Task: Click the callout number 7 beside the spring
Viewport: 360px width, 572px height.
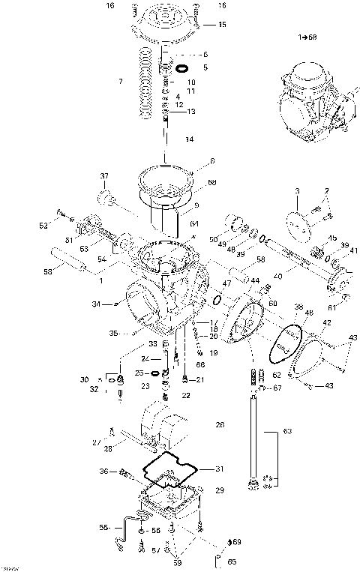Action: click(120, 79)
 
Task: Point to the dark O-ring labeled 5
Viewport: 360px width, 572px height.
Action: click(180, 68)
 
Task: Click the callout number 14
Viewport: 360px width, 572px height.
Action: click(189, 139)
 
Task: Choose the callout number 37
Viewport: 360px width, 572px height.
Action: click(105, 177)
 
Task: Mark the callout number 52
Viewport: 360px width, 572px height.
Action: click(43, 225)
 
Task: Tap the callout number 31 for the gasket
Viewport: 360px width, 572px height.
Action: click(219, 469)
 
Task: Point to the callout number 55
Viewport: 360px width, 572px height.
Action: click(103, 528)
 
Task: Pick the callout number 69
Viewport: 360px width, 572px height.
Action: click(236, 541)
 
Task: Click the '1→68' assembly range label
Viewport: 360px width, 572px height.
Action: click(307, 36)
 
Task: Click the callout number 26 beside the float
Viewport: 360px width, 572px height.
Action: click(220, 425)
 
